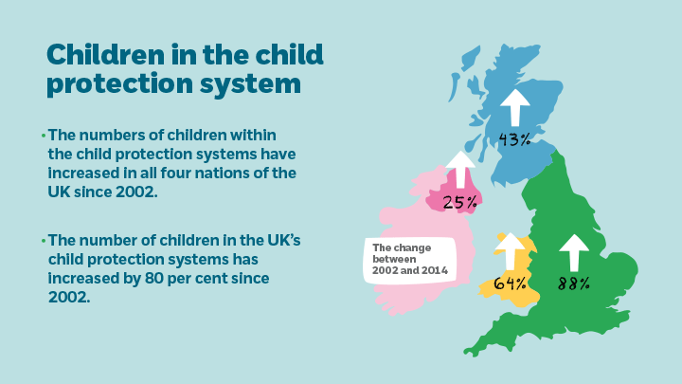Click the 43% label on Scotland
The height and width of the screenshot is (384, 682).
[x=514, y=139]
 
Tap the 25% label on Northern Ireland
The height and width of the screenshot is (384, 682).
[x=459, y=201]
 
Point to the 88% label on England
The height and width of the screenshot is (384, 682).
[x=573, y=283]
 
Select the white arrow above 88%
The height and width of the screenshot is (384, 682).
[x=572, y=253]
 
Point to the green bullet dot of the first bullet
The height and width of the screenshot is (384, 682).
[x=43, y=136]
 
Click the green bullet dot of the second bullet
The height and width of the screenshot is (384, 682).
[x=43, y=238]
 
